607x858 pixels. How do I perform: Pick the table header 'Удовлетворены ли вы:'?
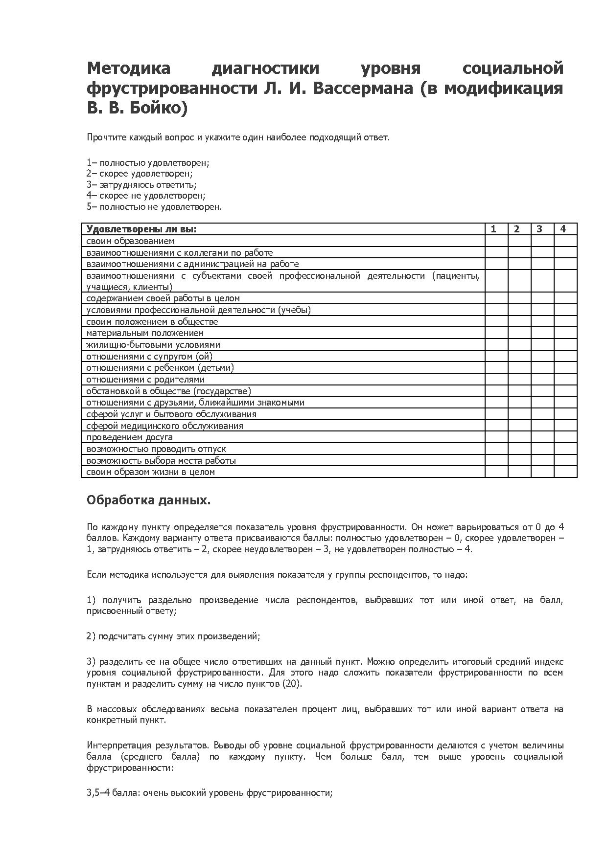point(141,229)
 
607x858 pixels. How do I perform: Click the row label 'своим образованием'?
point(130,241)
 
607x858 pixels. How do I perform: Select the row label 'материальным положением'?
point(145,333)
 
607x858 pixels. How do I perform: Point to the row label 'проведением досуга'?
point(130,437)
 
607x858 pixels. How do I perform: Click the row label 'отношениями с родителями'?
point(145,380)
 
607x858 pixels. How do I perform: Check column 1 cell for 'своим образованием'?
point(496,241)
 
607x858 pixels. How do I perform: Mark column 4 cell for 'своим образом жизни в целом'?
point(565,472)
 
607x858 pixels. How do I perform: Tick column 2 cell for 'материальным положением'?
point(519,333)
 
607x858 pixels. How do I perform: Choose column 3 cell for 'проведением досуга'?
point(542,437)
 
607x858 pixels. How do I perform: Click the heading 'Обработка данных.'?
point(149,500)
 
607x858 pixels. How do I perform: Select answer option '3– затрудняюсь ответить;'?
point(141,185)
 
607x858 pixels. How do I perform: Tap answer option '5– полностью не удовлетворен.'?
point(154,207)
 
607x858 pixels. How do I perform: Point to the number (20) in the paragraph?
point(292,683)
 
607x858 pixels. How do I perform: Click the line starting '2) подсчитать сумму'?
point(173,636)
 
